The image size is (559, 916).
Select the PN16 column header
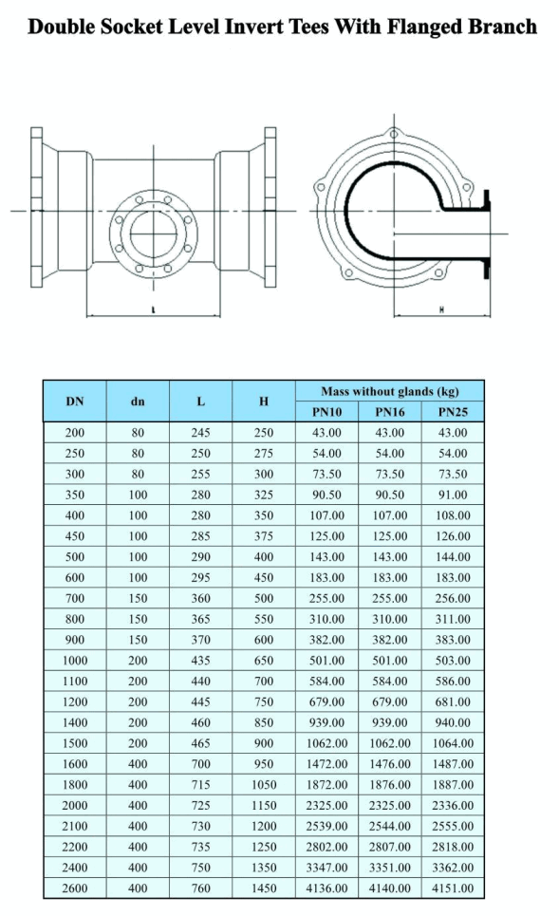390,412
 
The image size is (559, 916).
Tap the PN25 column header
452,412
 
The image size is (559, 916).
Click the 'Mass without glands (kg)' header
390,391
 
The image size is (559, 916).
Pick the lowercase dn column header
138,402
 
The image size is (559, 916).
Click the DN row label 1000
75,661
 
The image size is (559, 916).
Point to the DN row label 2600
75,888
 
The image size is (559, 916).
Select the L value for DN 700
200,599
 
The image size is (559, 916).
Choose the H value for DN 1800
264,785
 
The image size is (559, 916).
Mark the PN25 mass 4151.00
452,888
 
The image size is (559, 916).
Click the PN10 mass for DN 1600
327,764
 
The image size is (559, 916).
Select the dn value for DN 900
138,640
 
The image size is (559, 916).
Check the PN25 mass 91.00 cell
452,495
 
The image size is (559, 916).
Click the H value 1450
264,888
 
